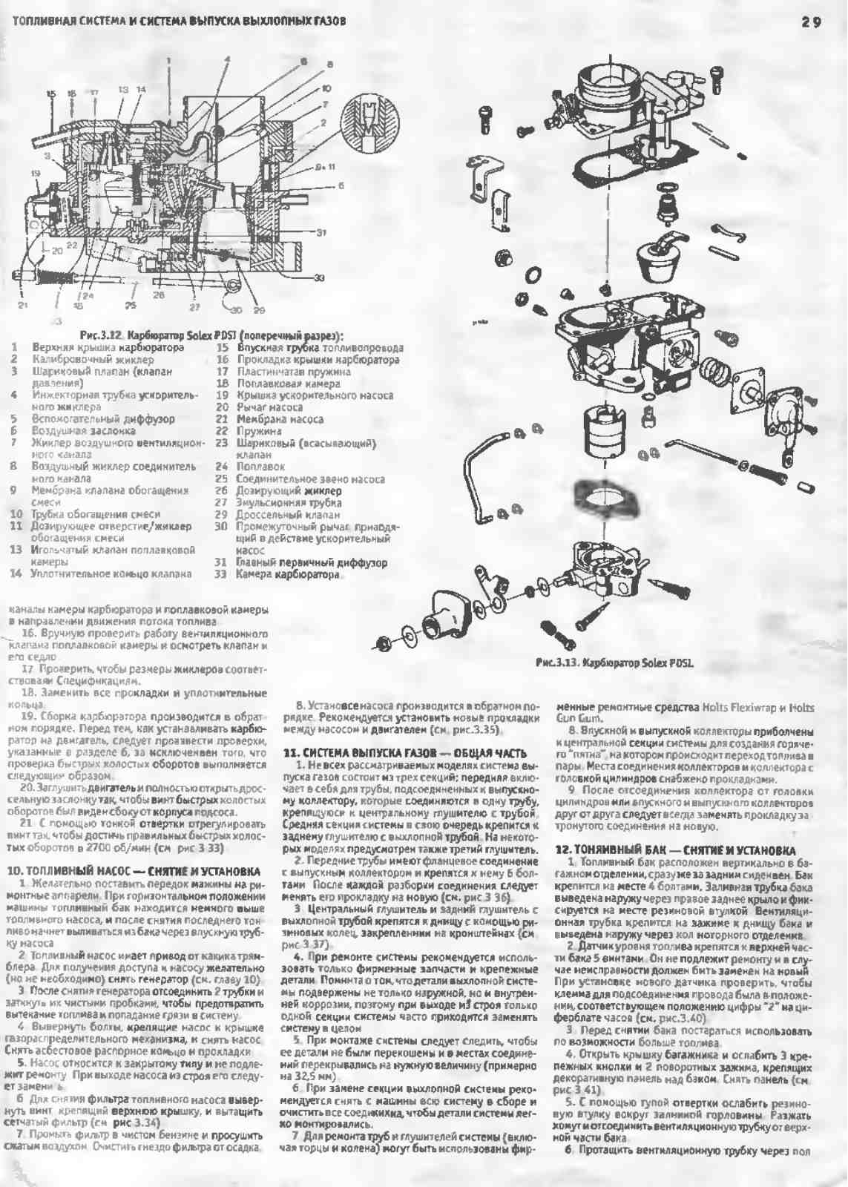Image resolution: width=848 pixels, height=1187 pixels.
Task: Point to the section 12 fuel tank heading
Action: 676,850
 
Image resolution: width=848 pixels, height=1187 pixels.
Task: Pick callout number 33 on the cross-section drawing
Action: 319,278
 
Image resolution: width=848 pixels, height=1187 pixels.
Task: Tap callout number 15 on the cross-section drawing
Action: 50,93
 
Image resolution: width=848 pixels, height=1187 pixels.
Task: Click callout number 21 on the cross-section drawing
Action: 23,305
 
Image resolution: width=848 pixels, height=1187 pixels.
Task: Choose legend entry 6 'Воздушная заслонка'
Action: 83,431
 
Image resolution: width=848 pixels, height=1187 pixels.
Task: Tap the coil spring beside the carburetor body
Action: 719,369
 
